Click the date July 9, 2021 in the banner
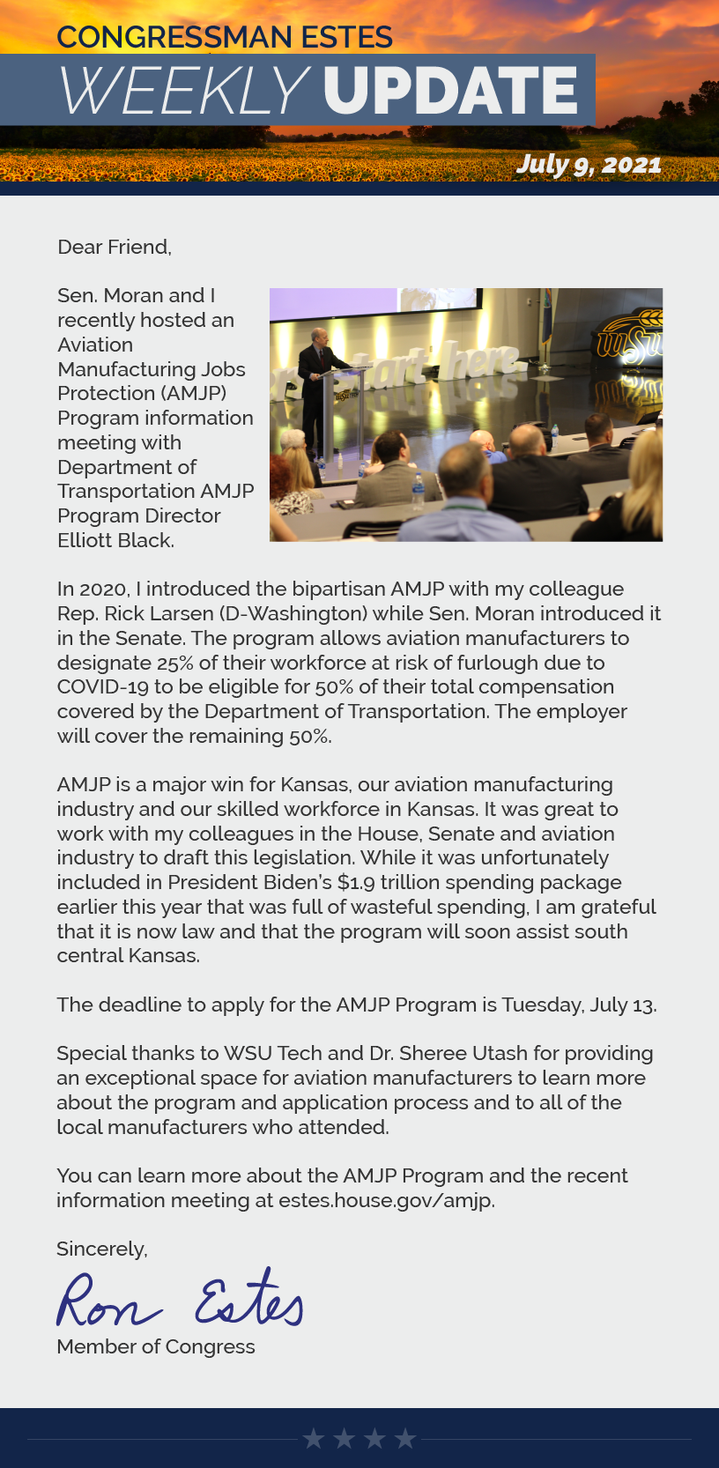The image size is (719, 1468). [x=589, y=164]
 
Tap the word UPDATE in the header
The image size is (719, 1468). [x=449, y=91]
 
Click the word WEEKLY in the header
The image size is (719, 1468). [x=184, y=91]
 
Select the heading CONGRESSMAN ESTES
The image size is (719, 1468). [x=224, y=37]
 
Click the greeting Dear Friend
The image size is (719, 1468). [x=114, y=247]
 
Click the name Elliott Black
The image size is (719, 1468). [x=115, y=540]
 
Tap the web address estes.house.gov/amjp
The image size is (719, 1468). [x=386, y=1200]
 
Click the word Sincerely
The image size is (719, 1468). [x=101, y=1249]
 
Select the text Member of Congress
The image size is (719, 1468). [x=155, y=1346]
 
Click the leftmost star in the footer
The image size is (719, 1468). [x=313, y=1439]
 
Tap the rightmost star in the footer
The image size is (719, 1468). [x=405, y=1439]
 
